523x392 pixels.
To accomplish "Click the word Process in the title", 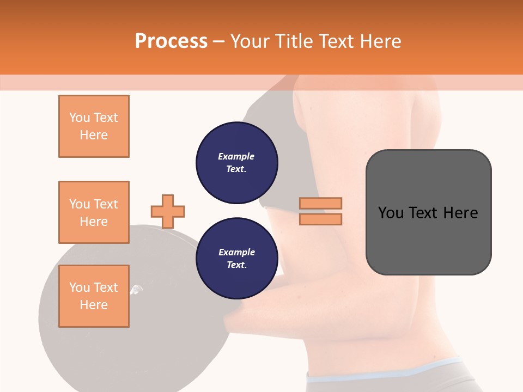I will pyautogui.click(x=171, y=41).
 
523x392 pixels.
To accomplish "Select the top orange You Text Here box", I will pyautogui.click(x=94, y=126).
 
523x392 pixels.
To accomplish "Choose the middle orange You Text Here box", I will pyautogui.click(x=94, y=212).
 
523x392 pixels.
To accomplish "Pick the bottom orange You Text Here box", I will pyautogui.click(x=94, y=296).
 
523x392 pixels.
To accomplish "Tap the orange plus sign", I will pyautogui.click(x=168, y=211).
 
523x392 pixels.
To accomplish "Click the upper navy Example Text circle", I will pyautogui.click(x=236, y=163).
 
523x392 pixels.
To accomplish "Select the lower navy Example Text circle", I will pyautogui.click(x=236, y=259).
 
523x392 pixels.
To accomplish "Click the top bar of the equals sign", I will pyautogui.click(x=320, y=203).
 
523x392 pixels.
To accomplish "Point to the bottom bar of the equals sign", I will pyautogui.click(x=320, y=219).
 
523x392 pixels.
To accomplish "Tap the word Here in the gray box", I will pyautogui.click(x=460, y=213).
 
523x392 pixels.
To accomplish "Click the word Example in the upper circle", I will pyautogui.click(x=236, y=156).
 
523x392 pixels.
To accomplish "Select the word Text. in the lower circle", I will pyautogui.click(x=236, y=265).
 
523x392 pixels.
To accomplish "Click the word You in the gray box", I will pyautogui.click(x=390, y=213).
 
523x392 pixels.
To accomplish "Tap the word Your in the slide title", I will pyautogui.click(x=251, y=41).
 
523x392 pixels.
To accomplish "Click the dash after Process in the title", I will pyautogui.click(x=219, y=41).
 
